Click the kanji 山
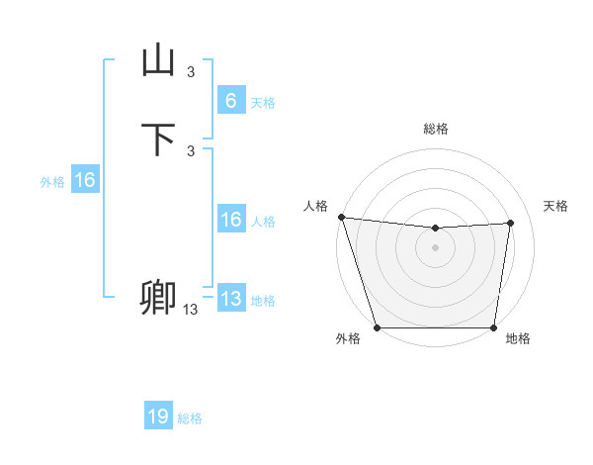point(158,60)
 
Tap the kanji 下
point(158,139)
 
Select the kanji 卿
point(158,297)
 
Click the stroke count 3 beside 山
point(191,71)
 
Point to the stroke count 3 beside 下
point(191,150)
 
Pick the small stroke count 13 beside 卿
point(190,310)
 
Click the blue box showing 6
point(230,100)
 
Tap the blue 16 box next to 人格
point(230,220)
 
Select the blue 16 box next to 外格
point(85,180)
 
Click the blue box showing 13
point(230,299)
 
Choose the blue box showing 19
point(158,417)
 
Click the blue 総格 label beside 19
point(190,418)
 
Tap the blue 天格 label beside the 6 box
point(263,102)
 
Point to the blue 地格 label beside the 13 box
point(263,301)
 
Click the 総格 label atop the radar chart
point(435,129)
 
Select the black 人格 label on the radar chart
point(315,206)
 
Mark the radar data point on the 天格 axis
point(511,223)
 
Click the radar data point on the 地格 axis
point(493,327)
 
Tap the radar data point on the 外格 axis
point(377,327)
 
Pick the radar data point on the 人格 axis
point(341,217)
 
